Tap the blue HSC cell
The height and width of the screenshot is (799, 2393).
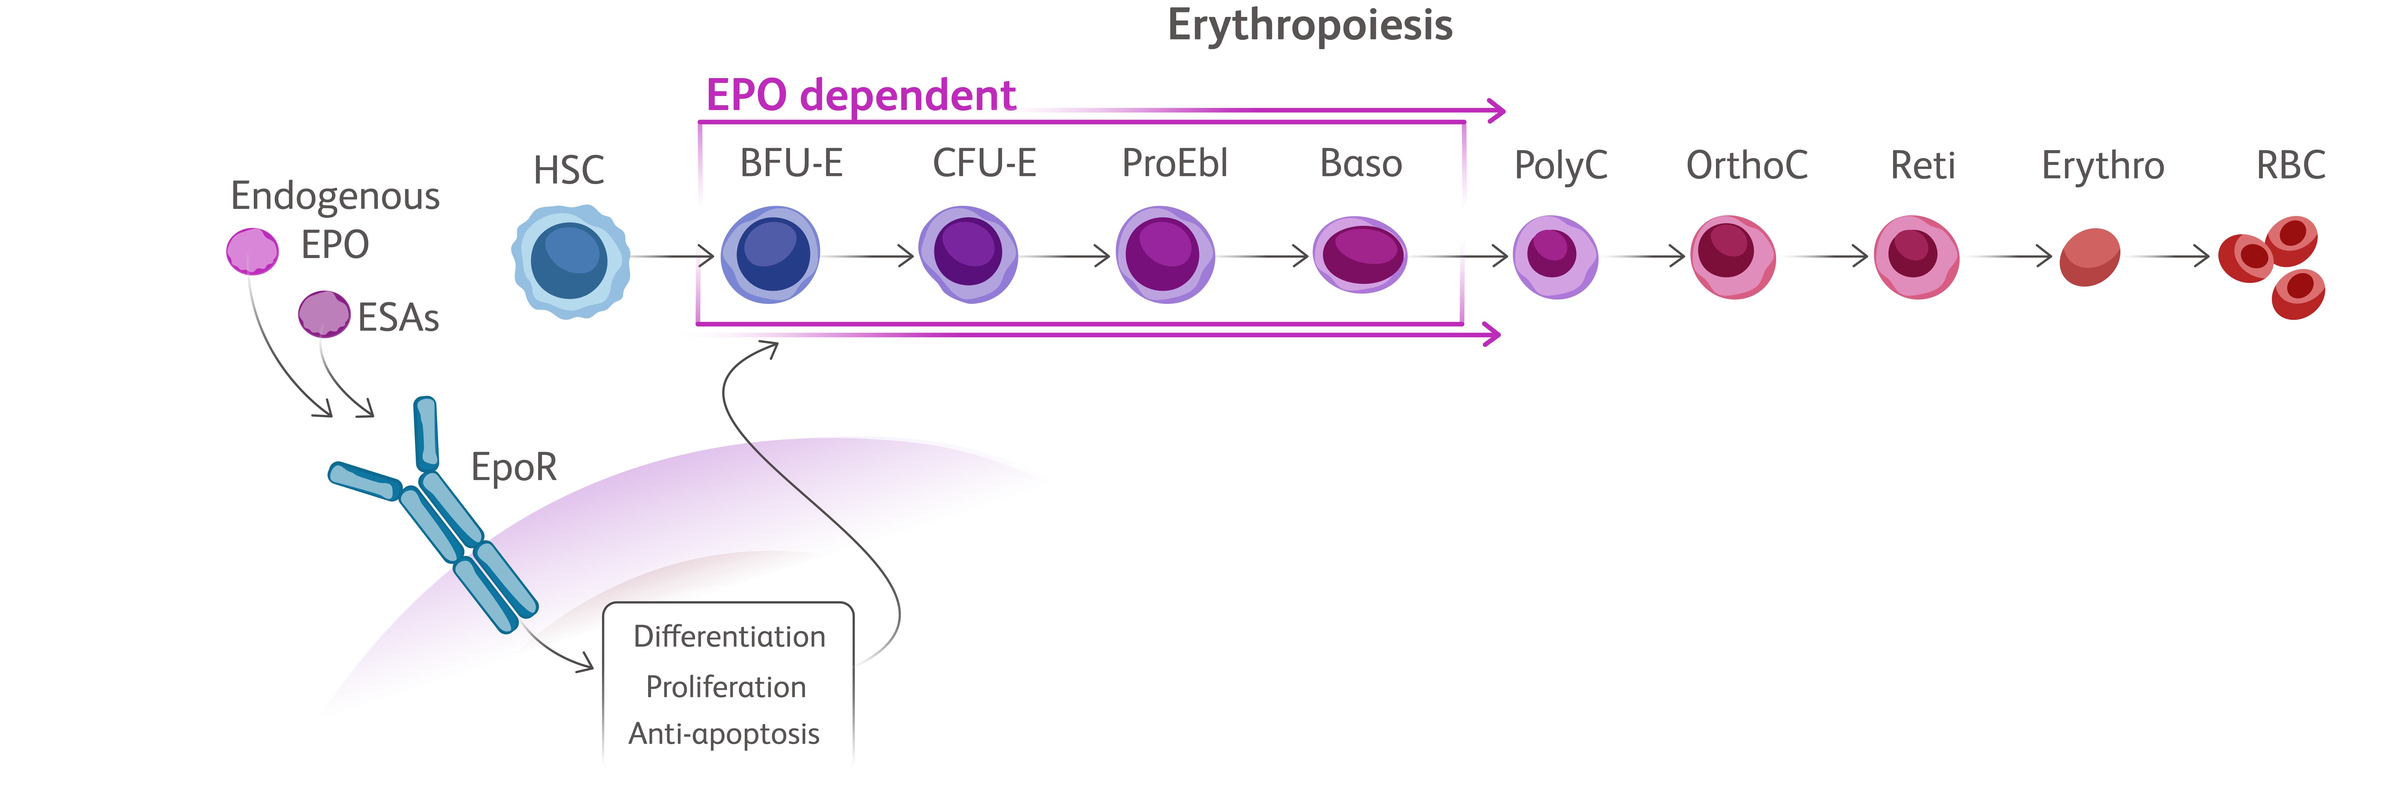coord(570,261)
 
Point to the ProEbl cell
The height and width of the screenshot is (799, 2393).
coord(1165,255)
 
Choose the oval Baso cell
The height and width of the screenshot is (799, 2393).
coord(1360,255)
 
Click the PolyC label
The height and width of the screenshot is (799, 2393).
coord(1561,166)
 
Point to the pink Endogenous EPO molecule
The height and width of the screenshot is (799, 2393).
coord(253,251)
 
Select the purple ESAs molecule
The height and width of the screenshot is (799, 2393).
coord(324,313)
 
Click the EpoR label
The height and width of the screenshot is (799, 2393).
coord(514,467)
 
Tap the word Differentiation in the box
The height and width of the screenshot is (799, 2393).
coord(729,637)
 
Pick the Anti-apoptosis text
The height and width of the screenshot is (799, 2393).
coord(724,734)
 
